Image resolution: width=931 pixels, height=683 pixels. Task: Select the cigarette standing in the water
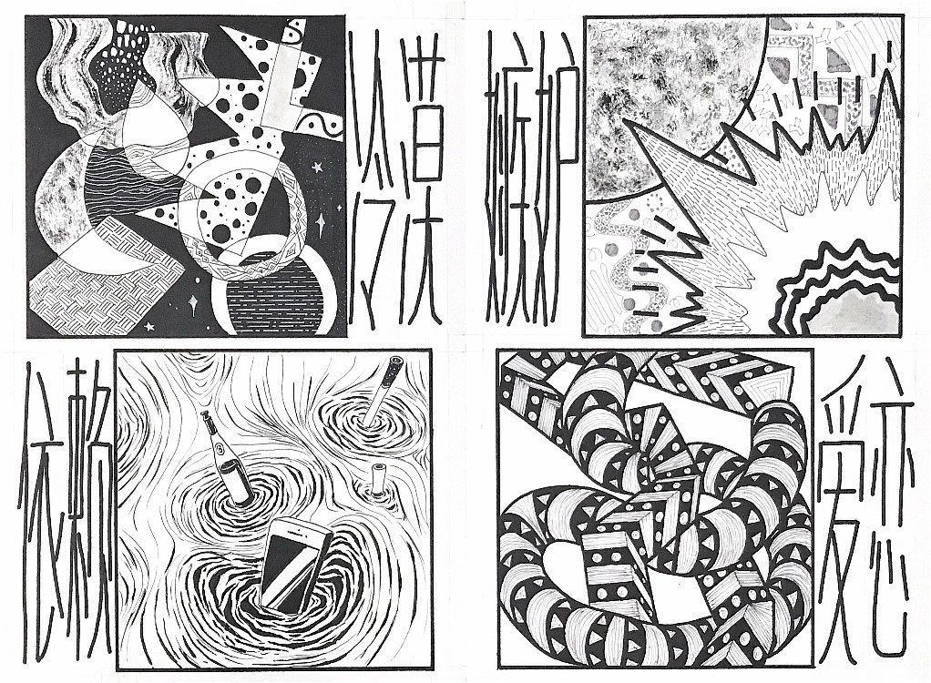(383, 390)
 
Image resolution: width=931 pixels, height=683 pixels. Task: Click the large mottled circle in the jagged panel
(670, 100)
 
